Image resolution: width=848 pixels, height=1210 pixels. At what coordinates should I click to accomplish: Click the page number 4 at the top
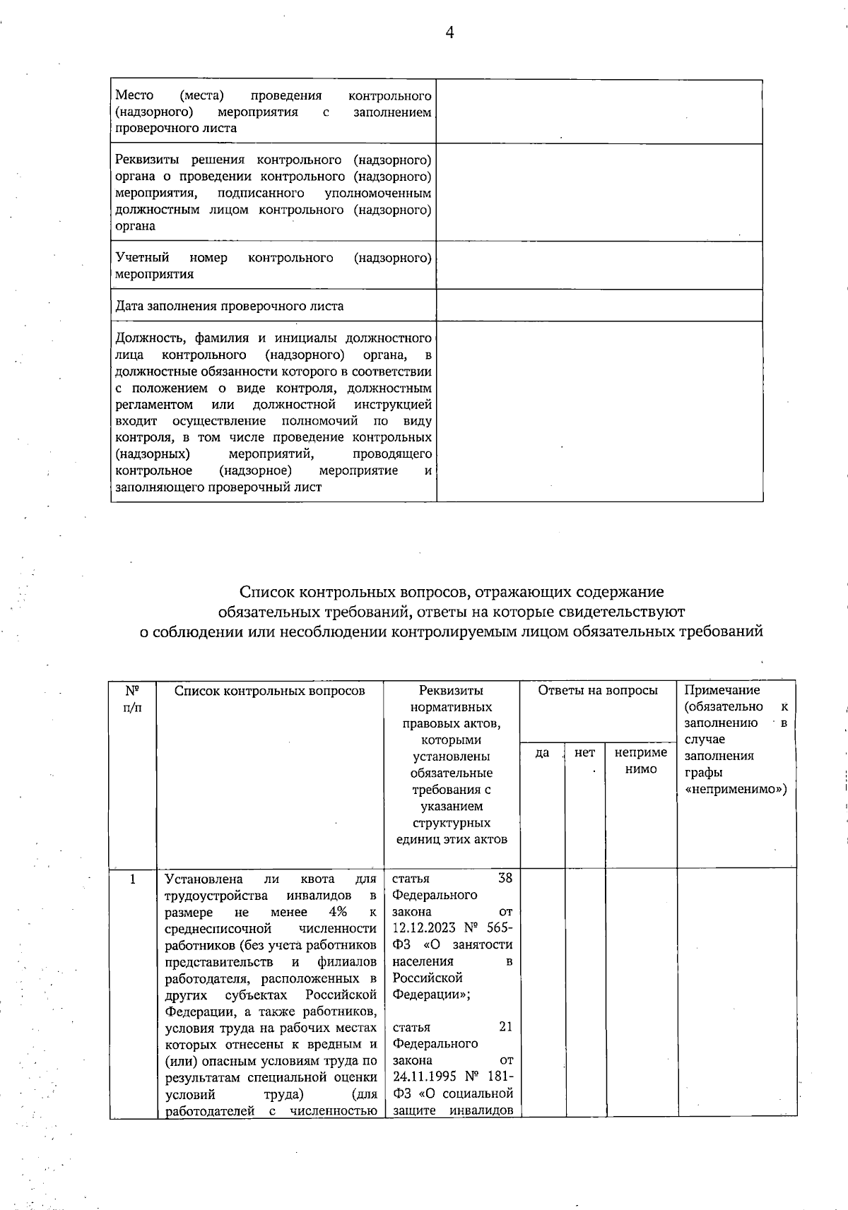point(449,32)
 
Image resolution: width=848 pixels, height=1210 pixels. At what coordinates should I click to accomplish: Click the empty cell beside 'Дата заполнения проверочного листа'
point(599,306)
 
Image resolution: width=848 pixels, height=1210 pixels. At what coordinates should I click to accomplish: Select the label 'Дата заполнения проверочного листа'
point(230,307)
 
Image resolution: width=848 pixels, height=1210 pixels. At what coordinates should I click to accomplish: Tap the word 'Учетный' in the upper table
point(142,258)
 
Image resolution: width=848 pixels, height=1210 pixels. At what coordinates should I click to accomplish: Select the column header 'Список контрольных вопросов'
point(270,691)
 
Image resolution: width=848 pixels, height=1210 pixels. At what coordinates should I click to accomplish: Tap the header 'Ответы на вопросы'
point(598,691)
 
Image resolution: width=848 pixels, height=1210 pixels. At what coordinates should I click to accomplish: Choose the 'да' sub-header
point(542,753)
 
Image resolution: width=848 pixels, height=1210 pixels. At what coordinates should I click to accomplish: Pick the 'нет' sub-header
point(584,753)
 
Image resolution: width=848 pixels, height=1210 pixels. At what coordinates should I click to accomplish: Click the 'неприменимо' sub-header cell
point(641,761)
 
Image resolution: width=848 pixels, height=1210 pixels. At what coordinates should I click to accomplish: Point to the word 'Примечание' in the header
point(722,691)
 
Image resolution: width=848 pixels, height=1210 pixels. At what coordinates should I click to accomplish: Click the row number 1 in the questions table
point(133,879)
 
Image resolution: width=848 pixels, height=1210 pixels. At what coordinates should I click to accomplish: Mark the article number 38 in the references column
point(505,878)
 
